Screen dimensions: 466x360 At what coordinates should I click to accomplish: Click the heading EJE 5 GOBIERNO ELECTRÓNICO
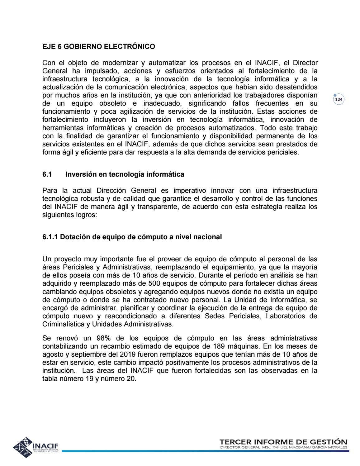point(98,47)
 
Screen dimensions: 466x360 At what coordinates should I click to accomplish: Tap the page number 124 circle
point(339,100)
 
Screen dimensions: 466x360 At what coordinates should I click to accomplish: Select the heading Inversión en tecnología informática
point(125,174)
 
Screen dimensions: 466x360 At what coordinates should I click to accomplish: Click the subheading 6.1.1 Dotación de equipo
point(132,237)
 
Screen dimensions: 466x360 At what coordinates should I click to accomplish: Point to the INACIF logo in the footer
point(36,447)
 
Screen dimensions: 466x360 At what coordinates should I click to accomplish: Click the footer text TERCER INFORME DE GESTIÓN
point(283,442)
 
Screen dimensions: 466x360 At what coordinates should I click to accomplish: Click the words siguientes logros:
point(70,215)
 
